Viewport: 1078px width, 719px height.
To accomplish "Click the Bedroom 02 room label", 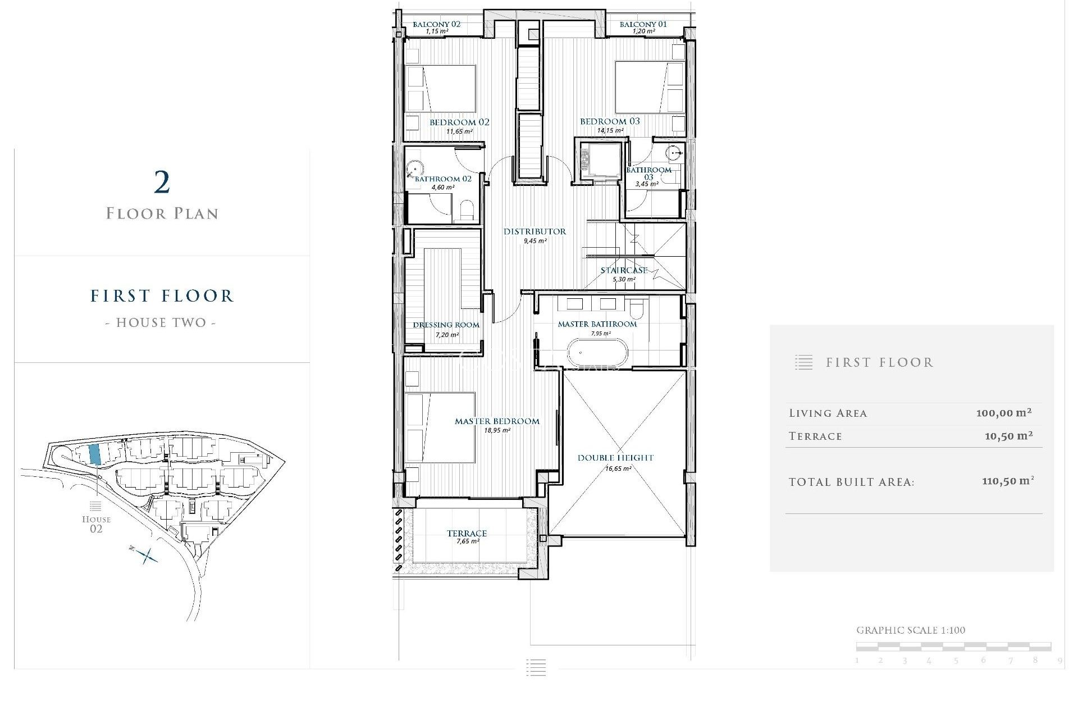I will (x=459, y=122).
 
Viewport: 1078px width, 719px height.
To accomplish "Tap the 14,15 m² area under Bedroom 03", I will (x=610, y=131).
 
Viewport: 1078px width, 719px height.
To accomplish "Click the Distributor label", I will (x=535, y=231).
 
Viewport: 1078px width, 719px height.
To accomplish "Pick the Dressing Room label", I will (x=446, y=325).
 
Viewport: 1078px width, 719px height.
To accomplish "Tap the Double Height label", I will (x=615, y=458).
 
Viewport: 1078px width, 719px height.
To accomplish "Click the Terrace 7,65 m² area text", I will (x=467, y=541).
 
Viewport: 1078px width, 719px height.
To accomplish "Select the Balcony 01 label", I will (x=643, y=24).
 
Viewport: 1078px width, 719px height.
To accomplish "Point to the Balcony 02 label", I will (x=436, y=24).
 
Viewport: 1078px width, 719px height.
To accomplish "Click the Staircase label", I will (x=624, y=270).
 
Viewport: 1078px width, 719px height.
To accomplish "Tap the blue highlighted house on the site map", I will (x=95, y=454).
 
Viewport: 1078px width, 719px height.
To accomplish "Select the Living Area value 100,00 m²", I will (x=1003, y=413).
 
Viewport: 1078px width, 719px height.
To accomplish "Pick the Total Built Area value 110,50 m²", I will (x=1007, y=481).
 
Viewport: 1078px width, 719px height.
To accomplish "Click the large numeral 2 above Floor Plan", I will (x=162, y=183).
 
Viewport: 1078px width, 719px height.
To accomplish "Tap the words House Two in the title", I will (x=161, y=322).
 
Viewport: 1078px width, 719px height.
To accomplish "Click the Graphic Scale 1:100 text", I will (x=910, y=630).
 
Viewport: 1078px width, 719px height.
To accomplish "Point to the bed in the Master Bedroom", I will (x=441, y=427).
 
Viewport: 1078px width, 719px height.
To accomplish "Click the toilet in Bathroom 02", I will (x=467, y=211).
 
